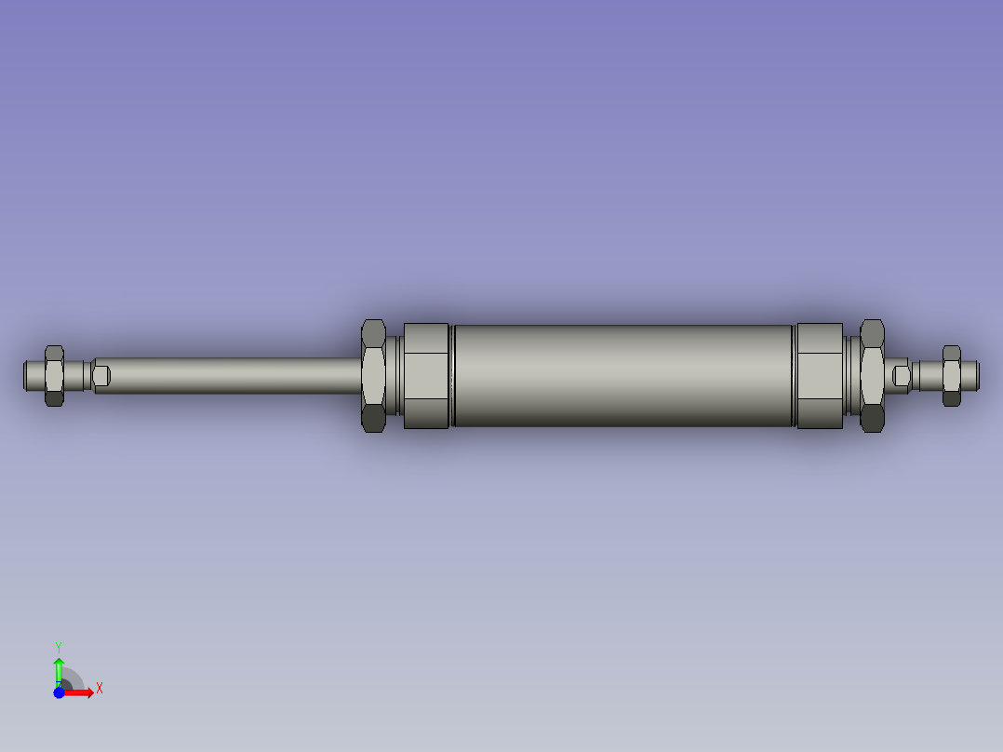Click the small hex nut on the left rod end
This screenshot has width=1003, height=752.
coord(54,375)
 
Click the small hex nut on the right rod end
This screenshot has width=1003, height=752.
coord(951,375)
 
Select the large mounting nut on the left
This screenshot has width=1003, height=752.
coord(373,375)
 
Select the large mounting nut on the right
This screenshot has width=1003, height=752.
coord(872,375)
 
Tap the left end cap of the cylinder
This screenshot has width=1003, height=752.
coord(426,375)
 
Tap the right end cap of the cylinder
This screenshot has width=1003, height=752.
coord(820,375)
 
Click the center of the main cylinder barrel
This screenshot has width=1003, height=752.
coord(623,375)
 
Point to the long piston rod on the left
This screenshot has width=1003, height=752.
coord(233,375)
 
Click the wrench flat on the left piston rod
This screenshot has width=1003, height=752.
coord(102,376)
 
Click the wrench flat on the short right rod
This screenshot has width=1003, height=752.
coord(901,375)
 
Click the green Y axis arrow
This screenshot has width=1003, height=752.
coord(59,670)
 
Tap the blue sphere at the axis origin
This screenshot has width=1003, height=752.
coord(59,692)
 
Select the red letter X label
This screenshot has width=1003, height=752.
coord(99,689)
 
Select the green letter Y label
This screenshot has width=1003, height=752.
coord(58,646)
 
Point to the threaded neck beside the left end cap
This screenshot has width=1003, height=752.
coord(395,375)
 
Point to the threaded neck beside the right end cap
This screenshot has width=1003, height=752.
coord(850,375)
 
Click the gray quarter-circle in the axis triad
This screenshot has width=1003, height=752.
coord(73,680)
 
